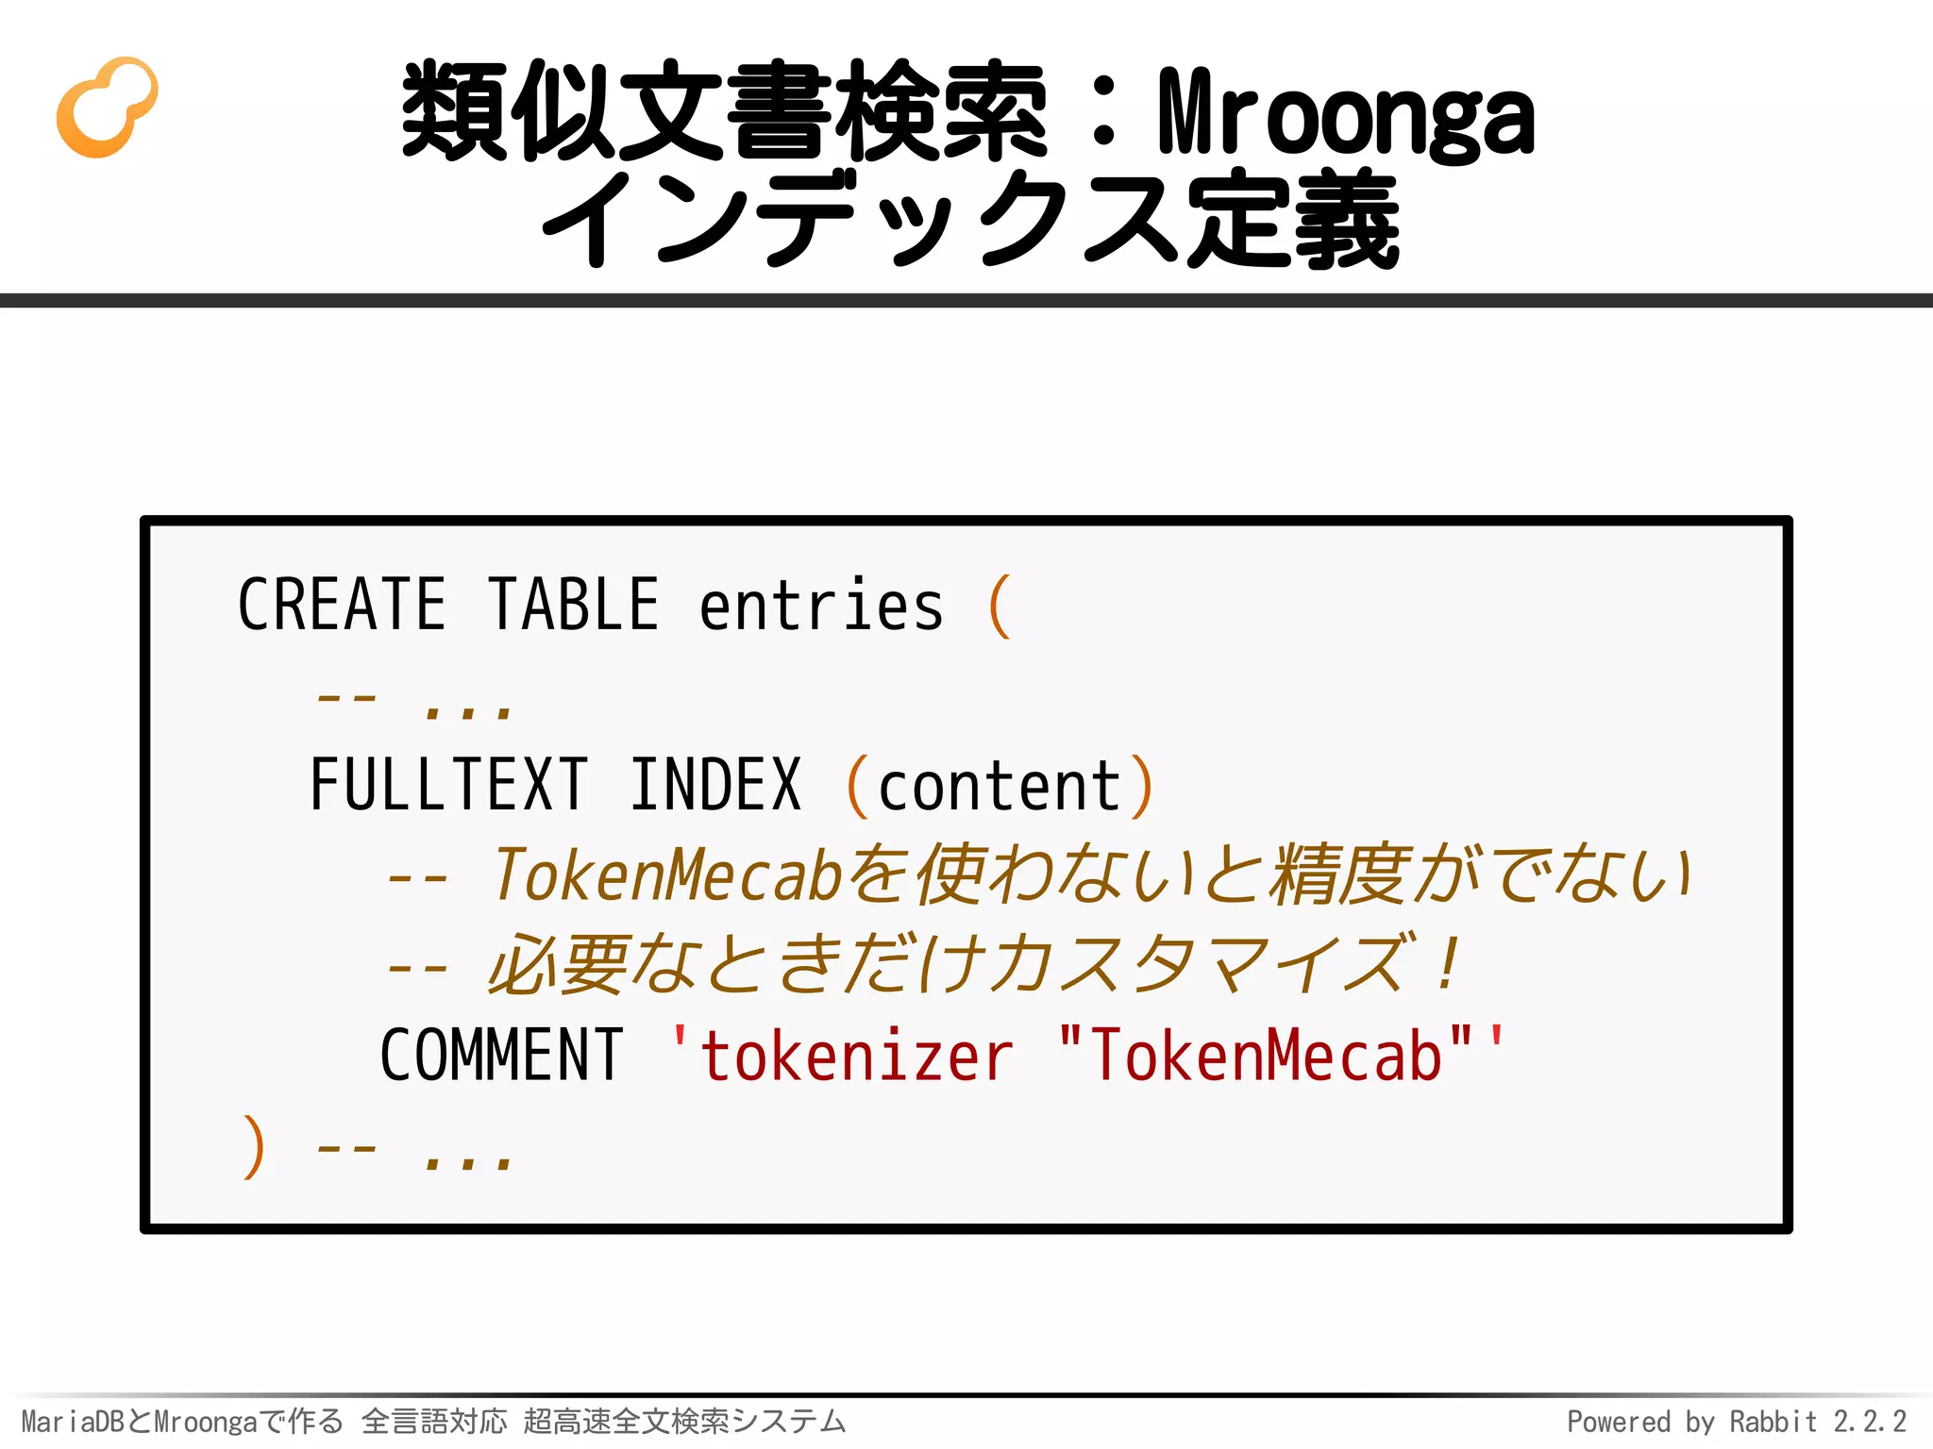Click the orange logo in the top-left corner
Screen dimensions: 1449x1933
(107, 107)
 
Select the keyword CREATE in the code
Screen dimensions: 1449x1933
(342, 605)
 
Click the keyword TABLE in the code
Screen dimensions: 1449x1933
(574, 605)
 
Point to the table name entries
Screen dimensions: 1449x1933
(821, 607)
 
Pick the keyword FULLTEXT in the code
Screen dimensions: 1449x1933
(449, 785)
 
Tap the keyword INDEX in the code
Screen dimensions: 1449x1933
(715, 785)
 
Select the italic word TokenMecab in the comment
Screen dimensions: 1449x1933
(666, 875)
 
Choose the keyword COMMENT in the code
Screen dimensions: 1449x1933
(501, 1056)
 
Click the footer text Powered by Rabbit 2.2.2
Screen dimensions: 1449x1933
(1737, 1422)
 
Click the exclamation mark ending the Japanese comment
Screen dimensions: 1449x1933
(1446, 964)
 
